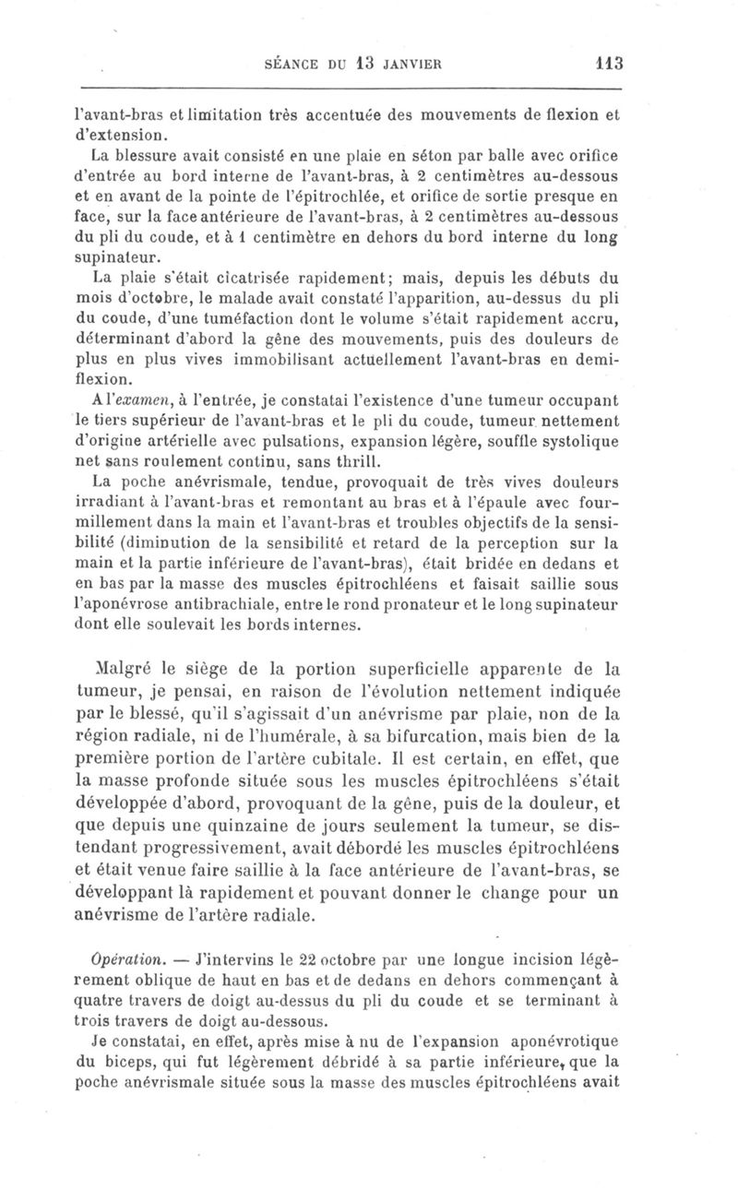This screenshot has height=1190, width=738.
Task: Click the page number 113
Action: click(610, 64)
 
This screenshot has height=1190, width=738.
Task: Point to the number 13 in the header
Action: click(350, 64)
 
